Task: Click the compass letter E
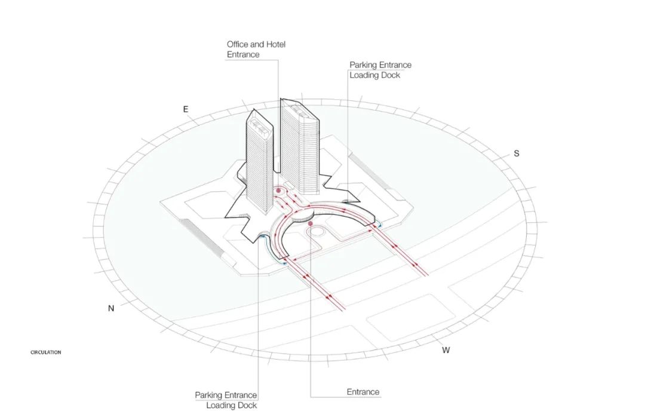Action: (186, 109)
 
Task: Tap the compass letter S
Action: (517, 154)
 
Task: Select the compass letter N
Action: (111, 308)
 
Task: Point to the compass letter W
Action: (446, 350)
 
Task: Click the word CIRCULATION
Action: (45, 352)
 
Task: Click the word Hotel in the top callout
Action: (275, 44)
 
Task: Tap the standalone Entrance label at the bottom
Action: (363, 392)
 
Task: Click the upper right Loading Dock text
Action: (374, 75)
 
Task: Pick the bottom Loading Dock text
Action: (232, 406)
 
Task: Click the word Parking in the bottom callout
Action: (209, 395)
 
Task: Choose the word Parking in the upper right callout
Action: (364, 65)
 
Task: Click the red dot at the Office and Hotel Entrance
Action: (278, 191)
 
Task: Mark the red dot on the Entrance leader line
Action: (310, 223)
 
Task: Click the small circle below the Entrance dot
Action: (316, 232)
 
